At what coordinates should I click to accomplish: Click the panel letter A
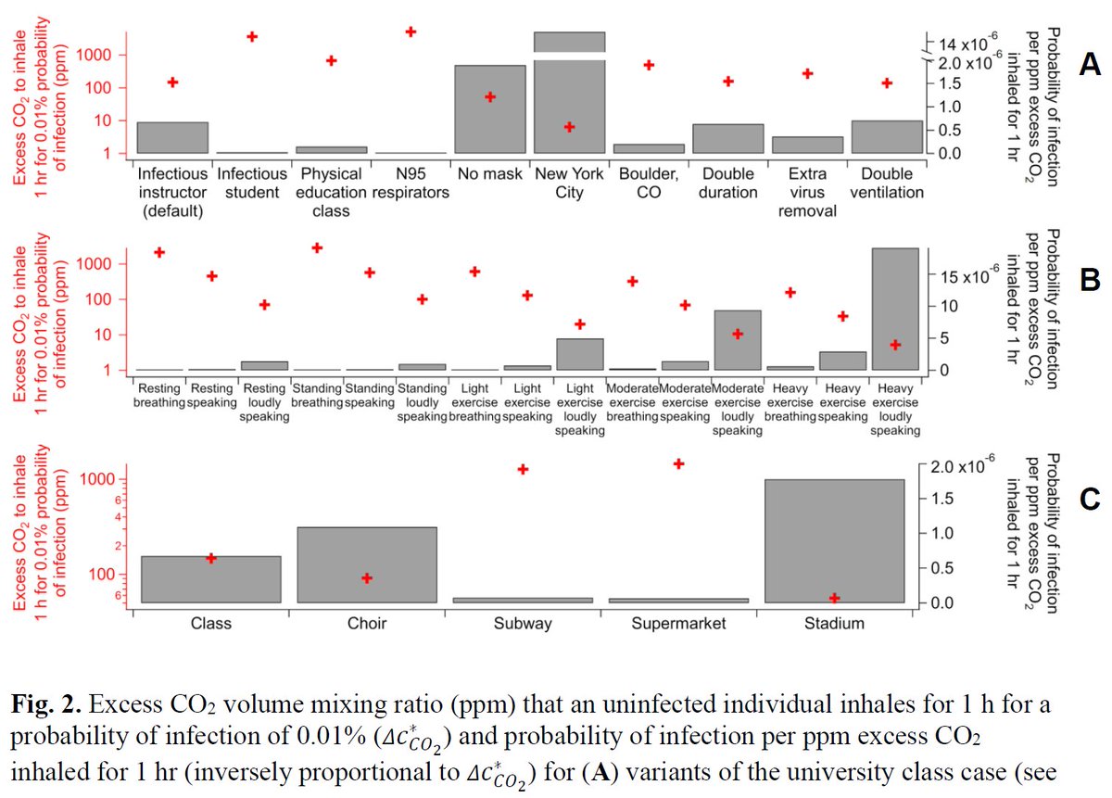(1090, 64)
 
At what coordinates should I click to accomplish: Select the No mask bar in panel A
(490, 109)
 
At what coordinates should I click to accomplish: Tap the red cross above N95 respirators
(411, 32)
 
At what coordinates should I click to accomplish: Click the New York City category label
(569, 183)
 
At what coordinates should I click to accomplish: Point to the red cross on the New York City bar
(569, 127)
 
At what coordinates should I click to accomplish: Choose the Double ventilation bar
(887, 137)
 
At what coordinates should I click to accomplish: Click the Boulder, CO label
(649, 183)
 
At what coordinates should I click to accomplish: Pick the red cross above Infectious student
(251, 36)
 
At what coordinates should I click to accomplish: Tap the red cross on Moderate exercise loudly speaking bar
(738, 334)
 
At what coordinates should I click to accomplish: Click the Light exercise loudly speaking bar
(580, 354)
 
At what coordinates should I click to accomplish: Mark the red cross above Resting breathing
(158, 252)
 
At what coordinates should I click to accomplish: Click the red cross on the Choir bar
(367, 577)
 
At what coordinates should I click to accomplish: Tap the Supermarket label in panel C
(678, 623)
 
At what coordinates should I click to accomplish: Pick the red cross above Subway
(523, 469)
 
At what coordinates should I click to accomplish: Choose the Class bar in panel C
(210, 579)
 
